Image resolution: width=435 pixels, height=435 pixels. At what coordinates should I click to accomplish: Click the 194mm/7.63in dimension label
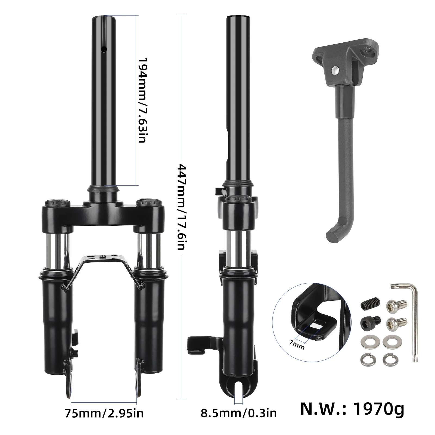pyautogui.click(x=142, y=100)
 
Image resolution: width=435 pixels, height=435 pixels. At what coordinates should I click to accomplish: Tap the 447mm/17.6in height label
pyautogui.click(x=181, y=207)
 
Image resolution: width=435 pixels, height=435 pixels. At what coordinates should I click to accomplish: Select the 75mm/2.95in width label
pyautogui.click(x=104, y=414)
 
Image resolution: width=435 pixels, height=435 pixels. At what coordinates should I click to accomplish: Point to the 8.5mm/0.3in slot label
pyautogui.click(x=238, y=414)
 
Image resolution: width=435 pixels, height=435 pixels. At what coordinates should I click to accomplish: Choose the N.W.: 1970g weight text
pyautogui.click(x=352, y=409)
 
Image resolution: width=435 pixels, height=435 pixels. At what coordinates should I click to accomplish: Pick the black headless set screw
pyautogui.click(x=367, y=305)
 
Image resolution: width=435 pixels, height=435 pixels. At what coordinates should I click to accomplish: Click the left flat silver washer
pyautogui.click(x=367, y=340)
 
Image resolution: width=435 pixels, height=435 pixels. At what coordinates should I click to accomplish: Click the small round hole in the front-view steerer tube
pyautogui.click(x=104, y=49)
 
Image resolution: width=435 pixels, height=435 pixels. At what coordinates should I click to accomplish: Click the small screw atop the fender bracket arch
pyautogui.click(x=104, y=256)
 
